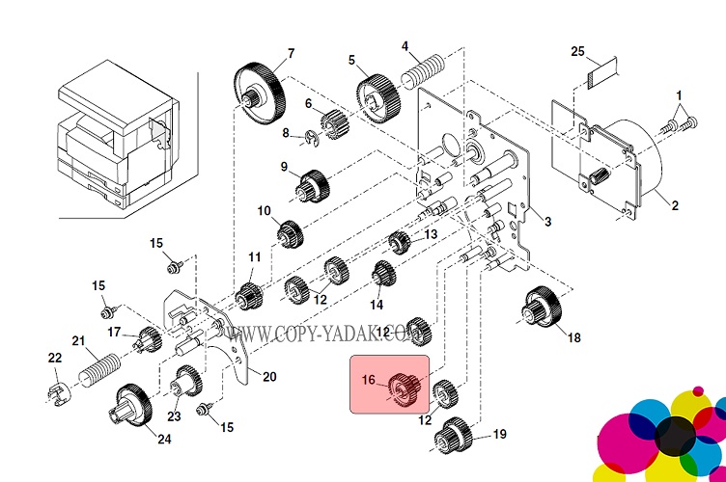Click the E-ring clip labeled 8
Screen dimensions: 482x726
pyautogui.click(x=311, y=137)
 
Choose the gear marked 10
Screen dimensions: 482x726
pyautogui.click(x=289, y=232)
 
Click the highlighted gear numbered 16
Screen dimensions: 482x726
pyautogui.click(x=405, y=388)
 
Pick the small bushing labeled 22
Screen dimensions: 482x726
pyautogui.click(x=56, y=394)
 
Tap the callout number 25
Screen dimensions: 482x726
pyautogui.click(x=578, y=50)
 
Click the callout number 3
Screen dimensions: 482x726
pyautogui.click(x=547, y=223)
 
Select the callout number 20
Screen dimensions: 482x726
pyautogui.click(x=269, y=376)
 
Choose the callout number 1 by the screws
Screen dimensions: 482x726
pyautogui.click(x=679, y=94)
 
